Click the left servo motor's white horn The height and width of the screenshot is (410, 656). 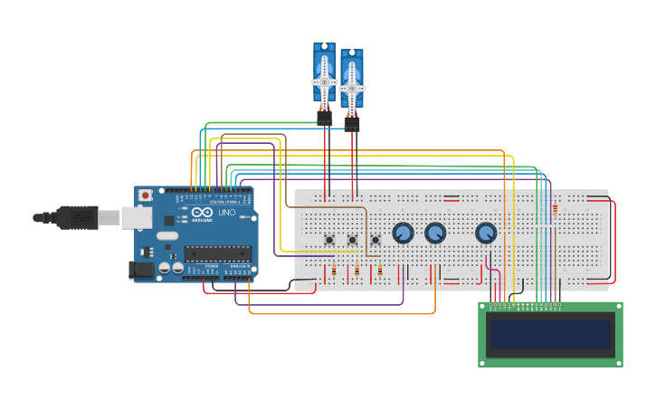coord(324,81)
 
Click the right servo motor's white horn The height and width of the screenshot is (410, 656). coord(352,88)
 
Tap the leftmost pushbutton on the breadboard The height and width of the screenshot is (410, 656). coord(329,240)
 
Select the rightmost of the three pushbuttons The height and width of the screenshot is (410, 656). coord(376,240)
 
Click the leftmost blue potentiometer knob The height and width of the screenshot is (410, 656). coord(403,233)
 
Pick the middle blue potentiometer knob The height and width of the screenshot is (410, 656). coord(435,233)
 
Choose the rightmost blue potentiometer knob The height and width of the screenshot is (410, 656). coord(486,233)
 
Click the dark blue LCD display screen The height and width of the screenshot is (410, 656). coord(550,334)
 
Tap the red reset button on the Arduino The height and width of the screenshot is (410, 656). coord(145,195)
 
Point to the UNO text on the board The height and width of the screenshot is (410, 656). coord(226,213)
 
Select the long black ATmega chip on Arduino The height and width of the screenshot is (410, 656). coord(217,253)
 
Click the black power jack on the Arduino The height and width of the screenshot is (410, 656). coord(141,269)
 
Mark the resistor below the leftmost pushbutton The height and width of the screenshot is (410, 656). coord(334,271)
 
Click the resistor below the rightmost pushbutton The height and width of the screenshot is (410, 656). coord(380,271)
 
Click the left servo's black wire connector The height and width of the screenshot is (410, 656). coord(324,118)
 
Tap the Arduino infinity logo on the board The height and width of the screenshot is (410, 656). coord(199,213)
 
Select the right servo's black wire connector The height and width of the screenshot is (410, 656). coord(352,123)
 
